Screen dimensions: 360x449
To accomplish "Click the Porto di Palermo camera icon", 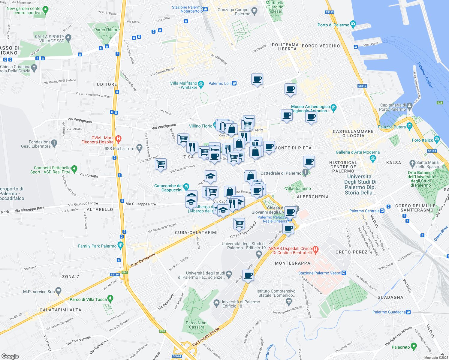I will (353, 24).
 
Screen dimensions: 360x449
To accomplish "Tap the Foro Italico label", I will (423, 140).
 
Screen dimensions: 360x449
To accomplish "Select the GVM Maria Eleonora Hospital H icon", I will (118, 139).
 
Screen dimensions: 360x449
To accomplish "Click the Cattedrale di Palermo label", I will (281, 173).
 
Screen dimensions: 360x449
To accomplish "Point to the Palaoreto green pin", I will (414, 346).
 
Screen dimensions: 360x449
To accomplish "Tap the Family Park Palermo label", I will (97, 246).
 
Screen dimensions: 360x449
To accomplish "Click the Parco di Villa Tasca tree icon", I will (110, 298).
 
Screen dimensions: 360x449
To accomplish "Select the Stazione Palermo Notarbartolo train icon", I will (205, 9).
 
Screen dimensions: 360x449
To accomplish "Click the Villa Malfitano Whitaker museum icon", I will (201, 84).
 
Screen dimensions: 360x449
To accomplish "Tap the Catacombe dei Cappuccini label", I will (168, 188).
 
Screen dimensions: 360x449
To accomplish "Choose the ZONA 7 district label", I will (70, 277).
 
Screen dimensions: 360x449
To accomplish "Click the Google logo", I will (10, 356).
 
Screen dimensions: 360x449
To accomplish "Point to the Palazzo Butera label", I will (392, 127).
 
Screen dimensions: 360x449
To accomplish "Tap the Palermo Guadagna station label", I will (389, 312).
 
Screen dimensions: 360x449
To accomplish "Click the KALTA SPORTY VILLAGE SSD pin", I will (68, 38).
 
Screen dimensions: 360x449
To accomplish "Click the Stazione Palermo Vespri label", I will (320, 273).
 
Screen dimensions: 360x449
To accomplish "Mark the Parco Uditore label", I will (107, 30).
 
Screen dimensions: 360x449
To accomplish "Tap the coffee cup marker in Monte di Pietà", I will (269, 147).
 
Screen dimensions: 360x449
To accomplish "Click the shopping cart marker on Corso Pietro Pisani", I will (239, 223).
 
